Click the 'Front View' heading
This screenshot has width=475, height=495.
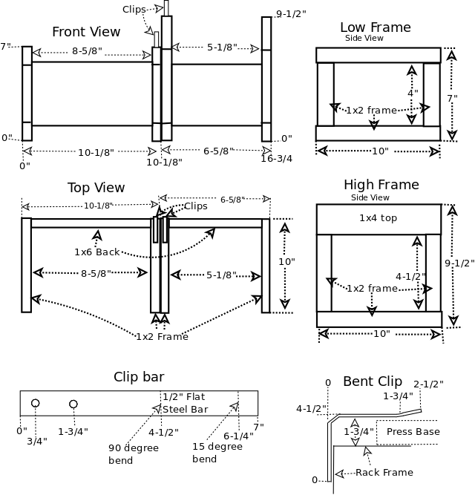(x=86, y=32)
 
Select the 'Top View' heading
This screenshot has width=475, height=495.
(x=96, y=188)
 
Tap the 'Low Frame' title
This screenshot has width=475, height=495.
(x=375, y=27)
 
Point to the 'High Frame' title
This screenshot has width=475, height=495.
(x=381, y=185)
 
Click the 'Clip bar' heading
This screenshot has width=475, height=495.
(x=139, y=376)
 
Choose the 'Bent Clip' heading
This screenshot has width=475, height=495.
(x=373, y=381)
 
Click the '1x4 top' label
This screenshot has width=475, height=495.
(x=379, y=218)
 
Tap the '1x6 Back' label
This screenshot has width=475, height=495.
(x=96, y=252)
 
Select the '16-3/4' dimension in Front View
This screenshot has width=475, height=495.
(x=276, y=158)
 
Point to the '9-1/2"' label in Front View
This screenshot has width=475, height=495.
(x=291, y=13)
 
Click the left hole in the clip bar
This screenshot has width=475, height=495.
(x=35, y=403)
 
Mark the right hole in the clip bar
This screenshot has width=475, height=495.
(x=73, y=404)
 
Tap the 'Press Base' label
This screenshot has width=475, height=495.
(x=413, y=431)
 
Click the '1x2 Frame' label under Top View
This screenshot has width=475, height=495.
(x=162, y=336)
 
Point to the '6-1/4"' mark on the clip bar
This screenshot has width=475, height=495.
(x=237, y=436)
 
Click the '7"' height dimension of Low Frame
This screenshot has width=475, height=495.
(x=452, y=98)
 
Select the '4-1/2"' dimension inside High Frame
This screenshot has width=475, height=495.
(x=410, y=276)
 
